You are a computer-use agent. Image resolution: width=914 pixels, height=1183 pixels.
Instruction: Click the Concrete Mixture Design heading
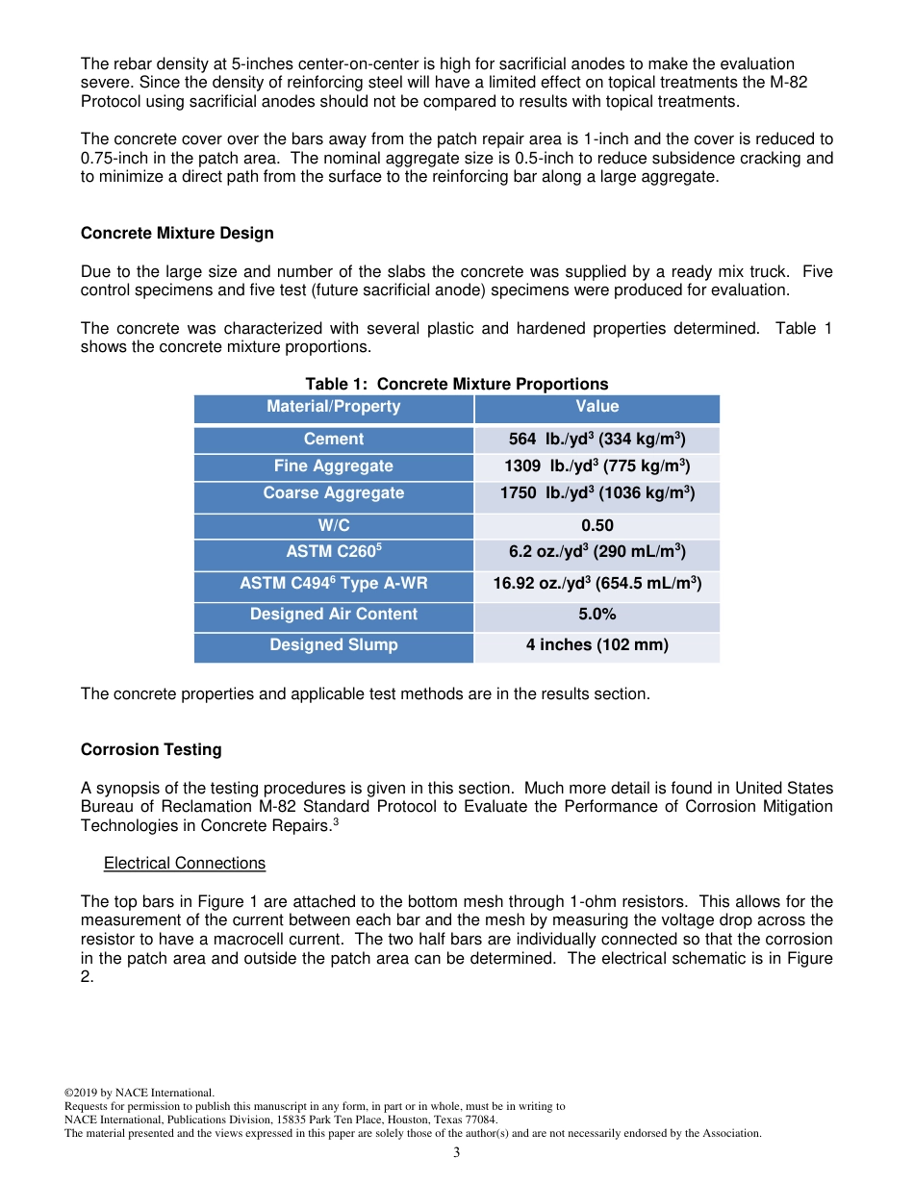click(177, 234)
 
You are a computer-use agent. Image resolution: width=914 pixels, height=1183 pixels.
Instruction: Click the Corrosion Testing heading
click(151, 750)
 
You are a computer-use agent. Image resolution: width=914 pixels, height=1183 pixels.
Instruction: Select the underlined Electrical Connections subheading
click(185, 864)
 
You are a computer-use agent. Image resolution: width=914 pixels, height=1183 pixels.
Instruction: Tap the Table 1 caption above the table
click(456, 384)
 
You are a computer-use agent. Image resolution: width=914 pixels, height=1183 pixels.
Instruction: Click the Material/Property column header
click(333, 407)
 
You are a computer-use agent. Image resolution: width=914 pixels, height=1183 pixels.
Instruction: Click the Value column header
click(597, 407)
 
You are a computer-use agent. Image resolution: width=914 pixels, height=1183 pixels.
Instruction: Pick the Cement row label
click(333, 440)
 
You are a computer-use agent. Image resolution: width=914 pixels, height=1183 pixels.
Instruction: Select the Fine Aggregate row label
click(333, 466)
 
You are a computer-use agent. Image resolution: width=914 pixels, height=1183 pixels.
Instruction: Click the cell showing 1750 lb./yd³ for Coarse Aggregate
click(597, 494)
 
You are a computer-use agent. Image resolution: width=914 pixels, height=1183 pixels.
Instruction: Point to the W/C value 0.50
click(597, 526)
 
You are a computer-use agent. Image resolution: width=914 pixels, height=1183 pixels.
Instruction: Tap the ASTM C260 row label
click(333, 553)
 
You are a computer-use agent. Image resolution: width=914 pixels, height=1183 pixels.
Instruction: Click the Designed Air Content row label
click(333, 615)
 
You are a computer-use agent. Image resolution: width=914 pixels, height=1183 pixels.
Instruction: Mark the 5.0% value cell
click(597, 615)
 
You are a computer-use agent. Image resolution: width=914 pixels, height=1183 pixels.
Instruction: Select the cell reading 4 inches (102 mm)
click(597, 645)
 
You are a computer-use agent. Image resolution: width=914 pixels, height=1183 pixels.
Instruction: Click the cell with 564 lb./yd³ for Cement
click(597, 440)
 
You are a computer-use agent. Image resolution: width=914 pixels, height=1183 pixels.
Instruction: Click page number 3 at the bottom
click(456, 1152)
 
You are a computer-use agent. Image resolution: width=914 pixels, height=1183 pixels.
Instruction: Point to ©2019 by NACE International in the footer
click(139, 1094)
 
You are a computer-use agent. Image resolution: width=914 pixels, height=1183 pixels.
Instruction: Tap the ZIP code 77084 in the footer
click(482, 1120)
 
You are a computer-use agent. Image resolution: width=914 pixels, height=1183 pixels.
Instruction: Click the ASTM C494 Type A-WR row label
click(333, 584)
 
